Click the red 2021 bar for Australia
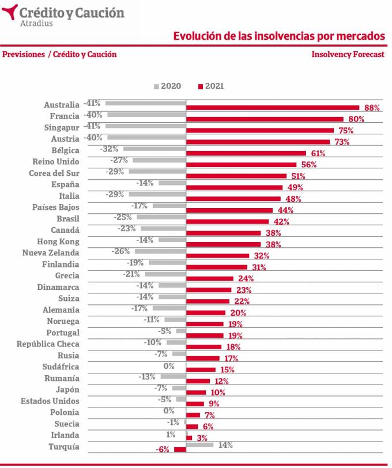[x=273, y=108]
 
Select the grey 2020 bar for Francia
[x=146, y=115]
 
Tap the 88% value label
[x=372, y=108]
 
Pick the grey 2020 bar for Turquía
[x=199, y=445]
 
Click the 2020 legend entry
[x=167, y=86]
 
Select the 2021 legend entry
[x=211, y=86]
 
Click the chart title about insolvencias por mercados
[x=279, y=36]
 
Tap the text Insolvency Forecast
[x=348, y=54]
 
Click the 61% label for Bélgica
[x=318, y=154]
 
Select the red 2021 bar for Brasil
[x=227, y=221]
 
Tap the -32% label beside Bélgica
[x=109, y=149]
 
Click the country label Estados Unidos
[x=50, y=401]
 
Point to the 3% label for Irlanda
[x=202, y=439]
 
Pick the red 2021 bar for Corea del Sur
[x=236, y=176]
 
